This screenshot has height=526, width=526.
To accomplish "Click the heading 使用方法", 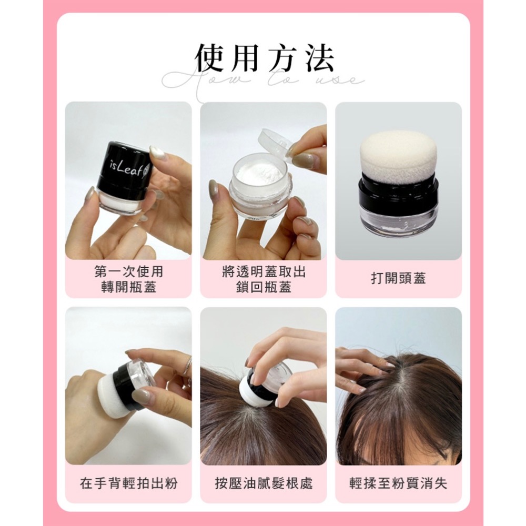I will point(264,58).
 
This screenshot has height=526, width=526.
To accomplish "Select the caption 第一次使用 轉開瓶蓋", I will point(128,279).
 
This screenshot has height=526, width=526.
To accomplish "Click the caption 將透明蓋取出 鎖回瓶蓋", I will point(264,279).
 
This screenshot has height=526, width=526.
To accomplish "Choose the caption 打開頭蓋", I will point(398,279).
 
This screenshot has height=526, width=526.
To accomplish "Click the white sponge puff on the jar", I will point(398,156).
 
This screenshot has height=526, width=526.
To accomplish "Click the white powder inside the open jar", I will point(258,173).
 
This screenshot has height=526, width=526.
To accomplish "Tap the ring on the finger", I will point(187,367).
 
